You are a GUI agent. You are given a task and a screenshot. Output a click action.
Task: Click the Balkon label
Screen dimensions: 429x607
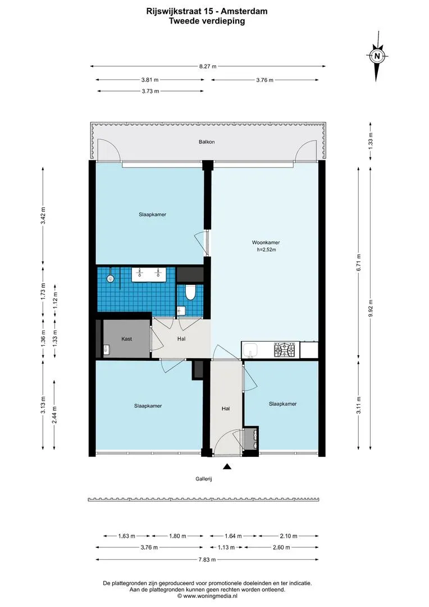click(x=207, y=142)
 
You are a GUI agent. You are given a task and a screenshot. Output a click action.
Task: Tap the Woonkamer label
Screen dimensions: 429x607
click(x=266, y=243)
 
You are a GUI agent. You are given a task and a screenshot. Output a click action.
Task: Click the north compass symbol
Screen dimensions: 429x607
click(x=377, y=56)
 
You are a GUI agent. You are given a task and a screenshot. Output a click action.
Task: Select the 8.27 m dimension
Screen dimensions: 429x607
click(x=208, y=66)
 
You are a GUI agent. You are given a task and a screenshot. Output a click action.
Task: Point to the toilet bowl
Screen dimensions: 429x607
click(x=190, y=293)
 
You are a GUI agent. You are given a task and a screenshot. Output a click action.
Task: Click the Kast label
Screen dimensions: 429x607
click(x=126, y=339)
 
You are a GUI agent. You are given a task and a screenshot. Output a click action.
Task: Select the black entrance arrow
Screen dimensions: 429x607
click(x=227, y=466)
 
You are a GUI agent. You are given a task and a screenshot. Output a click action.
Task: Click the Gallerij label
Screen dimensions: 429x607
click(x=204, y=479)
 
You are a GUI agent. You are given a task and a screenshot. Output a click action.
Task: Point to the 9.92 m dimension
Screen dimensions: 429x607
click(x=371, y=309)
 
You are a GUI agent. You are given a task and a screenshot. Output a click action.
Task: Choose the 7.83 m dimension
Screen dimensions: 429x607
click(x=207, y=559)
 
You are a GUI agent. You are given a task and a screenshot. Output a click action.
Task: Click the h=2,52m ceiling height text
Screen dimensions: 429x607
click(x=267, y=250)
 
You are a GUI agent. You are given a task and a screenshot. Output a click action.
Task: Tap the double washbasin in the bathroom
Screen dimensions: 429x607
click(x=149, y=274)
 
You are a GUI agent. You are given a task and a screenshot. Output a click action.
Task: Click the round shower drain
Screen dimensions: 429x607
click(x=111, y=278)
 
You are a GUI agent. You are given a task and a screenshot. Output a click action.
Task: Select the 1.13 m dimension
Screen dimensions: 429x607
click(x=226, y=547)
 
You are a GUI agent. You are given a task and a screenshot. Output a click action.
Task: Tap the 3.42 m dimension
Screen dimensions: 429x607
click(x=43, y=216)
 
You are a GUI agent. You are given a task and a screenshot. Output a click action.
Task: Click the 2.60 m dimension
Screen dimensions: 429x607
click(x=281, y=547)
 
